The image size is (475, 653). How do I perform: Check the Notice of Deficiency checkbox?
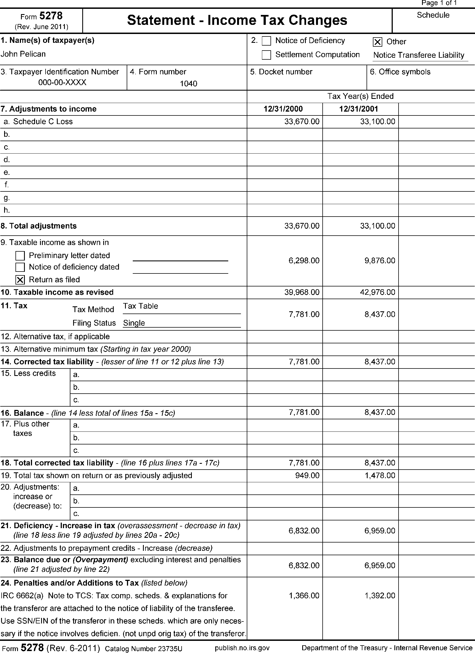[x=266, y=41]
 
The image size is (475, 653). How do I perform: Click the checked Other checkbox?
[x=377, y=42]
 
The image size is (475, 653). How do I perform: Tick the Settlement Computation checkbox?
[x=266, y=55]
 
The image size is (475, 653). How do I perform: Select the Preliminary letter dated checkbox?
[x=20, y=256]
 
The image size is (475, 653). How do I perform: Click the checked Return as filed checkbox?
[x=20, y=280]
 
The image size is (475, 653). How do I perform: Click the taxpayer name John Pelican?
[x=23, y=54]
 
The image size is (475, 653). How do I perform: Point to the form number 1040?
[x=189, y=84]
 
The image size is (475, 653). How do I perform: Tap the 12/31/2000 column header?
[x=283, y=109]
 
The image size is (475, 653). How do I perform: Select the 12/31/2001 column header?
[x=359, y=109]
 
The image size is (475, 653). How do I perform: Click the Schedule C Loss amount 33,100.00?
[x=378, y=122]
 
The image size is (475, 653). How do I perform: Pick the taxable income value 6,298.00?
[x=304, y=260]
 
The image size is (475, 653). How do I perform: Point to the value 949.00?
[x=307, y=475]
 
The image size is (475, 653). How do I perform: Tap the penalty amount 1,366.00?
[x=304, y=596]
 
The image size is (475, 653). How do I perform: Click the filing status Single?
[x=134, y=323]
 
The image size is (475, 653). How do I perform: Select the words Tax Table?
[x=140, y=306]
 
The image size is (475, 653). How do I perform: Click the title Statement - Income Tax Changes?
[x=237, y=20]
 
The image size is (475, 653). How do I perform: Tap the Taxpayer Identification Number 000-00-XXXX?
[x=62, y=83]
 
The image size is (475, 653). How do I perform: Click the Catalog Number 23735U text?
[x=144, y=648]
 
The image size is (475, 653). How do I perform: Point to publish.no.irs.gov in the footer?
[x=242, y=648]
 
